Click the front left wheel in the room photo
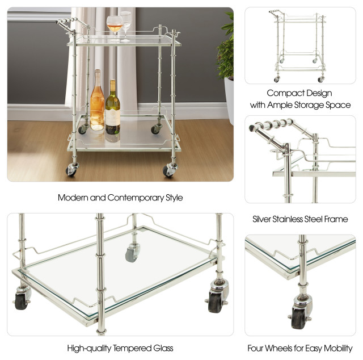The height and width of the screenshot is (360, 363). click(x=73, y=169)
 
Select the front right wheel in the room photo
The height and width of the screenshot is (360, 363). click(x=169, y=169)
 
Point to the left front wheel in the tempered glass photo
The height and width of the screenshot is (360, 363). click(x=22, y=299)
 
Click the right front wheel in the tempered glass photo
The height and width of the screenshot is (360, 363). click(x=217, y=300)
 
